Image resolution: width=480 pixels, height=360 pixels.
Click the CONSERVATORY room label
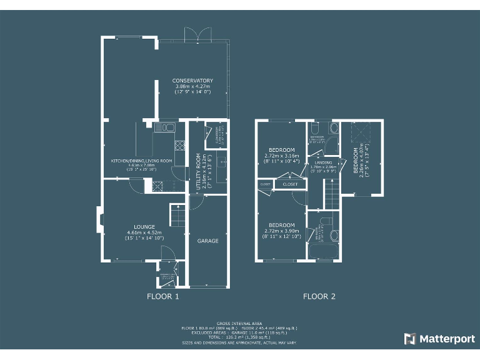pos(192,81)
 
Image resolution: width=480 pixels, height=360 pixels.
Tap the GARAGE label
pos(208,241)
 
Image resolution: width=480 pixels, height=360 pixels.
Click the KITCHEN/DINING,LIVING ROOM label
pos(141,161)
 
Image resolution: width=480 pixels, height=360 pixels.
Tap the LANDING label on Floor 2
pos(324,162)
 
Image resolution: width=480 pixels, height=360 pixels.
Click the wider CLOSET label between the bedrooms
pos(290,184)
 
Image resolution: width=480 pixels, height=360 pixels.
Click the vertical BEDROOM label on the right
pos(356,161)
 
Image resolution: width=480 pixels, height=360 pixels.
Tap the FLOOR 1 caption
pos(163,296)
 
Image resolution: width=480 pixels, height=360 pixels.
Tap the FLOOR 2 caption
pos(319,296)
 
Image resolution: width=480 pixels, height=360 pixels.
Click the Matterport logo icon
pos(410,339)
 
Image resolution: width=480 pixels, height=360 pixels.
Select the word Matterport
pos(446,339)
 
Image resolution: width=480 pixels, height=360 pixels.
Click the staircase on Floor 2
pos(331,194)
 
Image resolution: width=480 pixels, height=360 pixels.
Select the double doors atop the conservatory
pos(197,35)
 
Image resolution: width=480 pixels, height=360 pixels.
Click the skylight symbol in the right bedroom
pos(361,132)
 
